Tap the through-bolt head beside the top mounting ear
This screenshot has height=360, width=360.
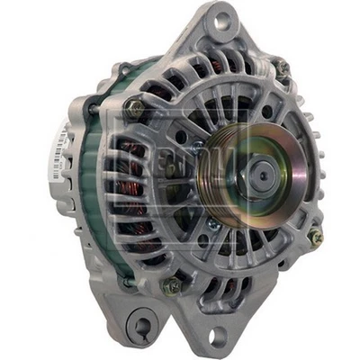[281, 67]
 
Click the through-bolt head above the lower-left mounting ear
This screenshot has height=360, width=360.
[169, 287]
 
